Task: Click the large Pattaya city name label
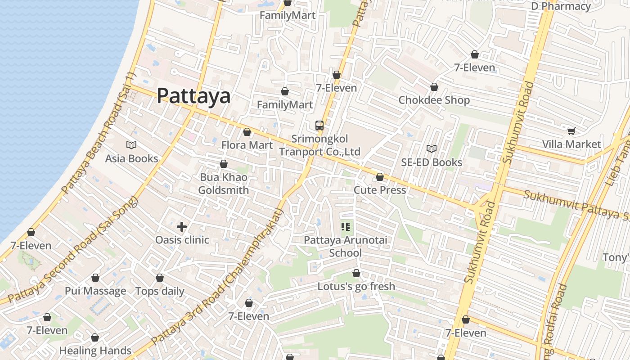click(193, 96)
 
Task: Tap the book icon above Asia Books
click(131, 145)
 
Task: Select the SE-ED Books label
click(432, 162)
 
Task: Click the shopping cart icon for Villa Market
click(571, 131)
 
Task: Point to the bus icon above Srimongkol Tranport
click(319, 126)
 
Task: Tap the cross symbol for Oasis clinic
click(182, 227)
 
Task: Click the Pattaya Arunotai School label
click(345, 246)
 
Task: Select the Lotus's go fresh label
click(356, 286)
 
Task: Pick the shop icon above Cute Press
click(380, 177)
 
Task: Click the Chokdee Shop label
click(434, 100)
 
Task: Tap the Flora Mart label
click(247, 145)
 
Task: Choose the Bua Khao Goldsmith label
click(224, 184)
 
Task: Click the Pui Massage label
click(95, 291)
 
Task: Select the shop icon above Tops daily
click(160, 278)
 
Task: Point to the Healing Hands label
click(95, 351)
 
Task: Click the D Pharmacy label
click(561, 6)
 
